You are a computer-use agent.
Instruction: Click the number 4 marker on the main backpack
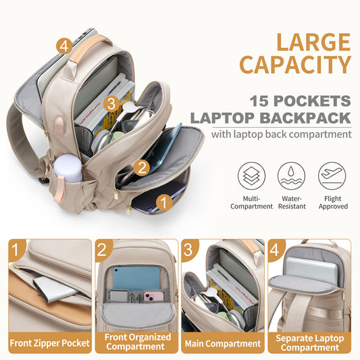click(64, 46)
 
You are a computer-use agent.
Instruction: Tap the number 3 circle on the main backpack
click(111, 104)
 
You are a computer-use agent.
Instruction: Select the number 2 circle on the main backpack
click(142, 168)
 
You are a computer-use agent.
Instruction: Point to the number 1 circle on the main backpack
click(164, 203)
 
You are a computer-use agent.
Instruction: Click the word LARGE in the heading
click(313, 43)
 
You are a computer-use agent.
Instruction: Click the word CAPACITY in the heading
click(295, 65)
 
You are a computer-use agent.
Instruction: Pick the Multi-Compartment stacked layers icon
click(251, 176)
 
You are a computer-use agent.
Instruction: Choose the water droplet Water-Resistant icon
click(291, 176)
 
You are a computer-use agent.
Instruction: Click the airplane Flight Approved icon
click(332, 176)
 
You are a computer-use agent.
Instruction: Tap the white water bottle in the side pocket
click(68, 168)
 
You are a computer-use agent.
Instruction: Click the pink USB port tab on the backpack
click(60, 126)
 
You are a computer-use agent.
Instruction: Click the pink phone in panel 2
click(153, 297)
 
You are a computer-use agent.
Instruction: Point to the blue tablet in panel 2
click(136, 278)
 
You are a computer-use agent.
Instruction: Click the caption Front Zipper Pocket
click(49, 343)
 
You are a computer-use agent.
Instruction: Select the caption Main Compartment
click(223, 344)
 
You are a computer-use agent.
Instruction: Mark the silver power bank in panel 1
click(55, 289)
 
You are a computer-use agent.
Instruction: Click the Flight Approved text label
click(333, 202)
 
